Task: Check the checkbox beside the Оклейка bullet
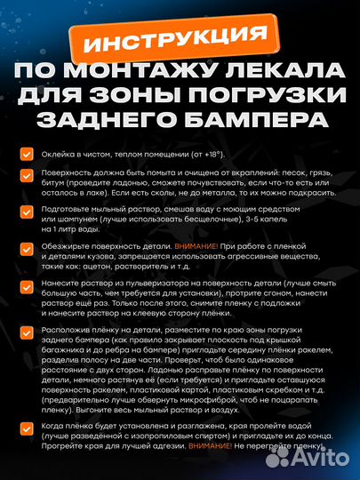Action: [x=28, y=154]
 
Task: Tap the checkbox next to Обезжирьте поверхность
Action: [x=28, y=244]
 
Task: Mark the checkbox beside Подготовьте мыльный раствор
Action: [x=28, y=211]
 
